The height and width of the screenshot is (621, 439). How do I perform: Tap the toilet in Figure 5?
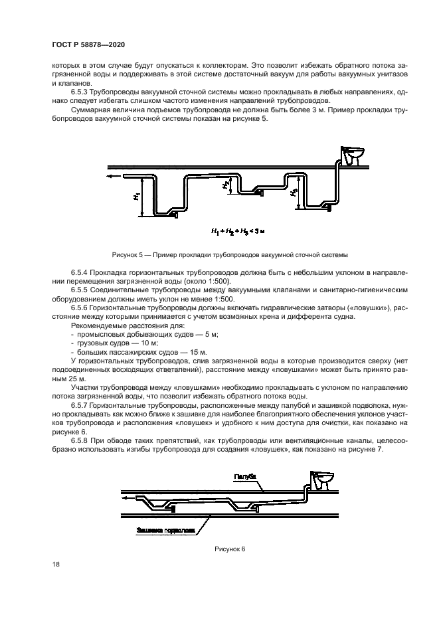click(x=350, y=155)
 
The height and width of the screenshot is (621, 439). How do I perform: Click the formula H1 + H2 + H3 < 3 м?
click(x=237, y=232)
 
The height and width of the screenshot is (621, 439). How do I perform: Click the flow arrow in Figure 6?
click(x=127, y=496)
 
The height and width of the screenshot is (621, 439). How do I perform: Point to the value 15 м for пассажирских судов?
click(x=196, y=351)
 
